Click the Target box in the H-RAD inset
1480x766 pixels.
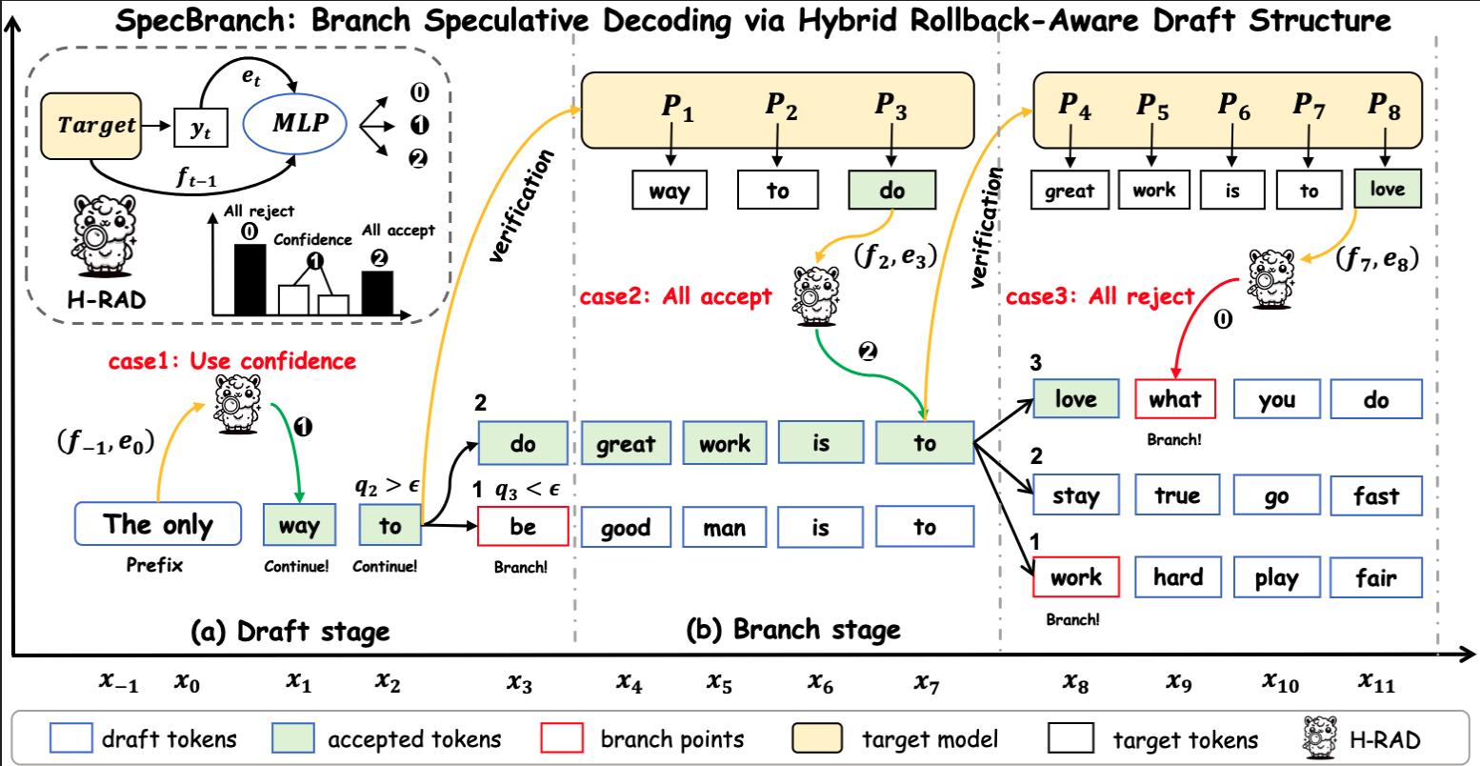coord(92,125)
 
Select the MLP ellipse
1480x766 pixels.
coord(300,123)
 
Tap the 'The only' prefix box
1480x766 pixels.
coord(158,525)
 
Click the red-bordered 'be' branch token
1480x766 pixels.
coord(523,527)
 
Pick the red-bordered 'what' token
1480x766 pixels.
coord(1175,399)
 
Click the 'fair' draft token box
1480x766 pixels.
coord(1375,577)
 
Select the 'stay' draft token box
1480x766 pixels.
coord(1076,495)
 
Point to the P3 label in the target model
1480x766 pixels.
coord(890,106)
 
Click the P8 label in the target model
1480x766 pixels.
coord(1384,106)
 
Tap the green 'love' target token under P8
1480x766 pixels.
coord(1387,190)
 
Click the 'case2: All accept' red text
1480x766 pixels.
coord(675,297)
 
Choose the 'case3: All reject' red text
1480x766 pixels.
coord(1099,297)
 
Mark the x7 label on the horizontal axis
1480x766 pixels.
coord(927,682)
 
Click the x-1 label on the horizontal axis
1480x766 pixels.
coord(118,682)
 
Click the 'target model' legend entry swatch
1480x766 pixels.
coord(816,739)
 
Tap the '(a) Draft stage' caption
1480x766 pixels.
coord(290,631)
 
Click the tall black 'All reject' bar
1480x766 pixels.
coord(250,279)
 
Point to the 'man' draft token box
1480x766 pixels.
coord(724,527)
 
